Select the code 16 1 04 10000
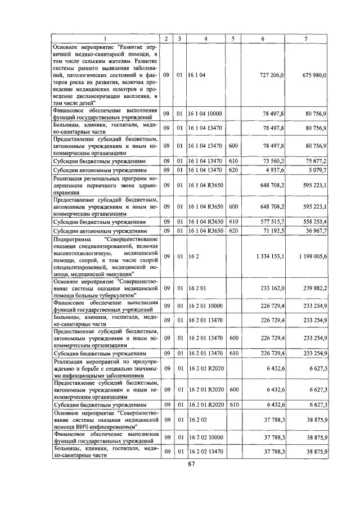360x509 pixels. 205,113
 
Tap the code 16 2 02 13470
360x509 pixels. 205,452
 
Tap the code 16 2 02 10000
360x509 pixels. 205,437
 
